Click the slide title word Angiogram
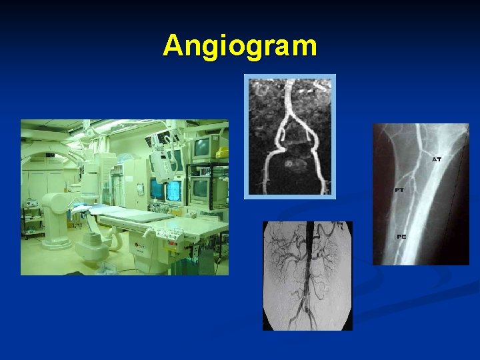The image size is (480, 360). coord(240,46)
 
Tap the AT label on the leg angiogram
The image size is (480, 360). coord(437,159)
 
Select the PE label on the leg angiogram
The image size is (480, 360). coord(401,237)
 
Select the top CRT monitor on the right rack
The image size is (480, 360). coord(205,147)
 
